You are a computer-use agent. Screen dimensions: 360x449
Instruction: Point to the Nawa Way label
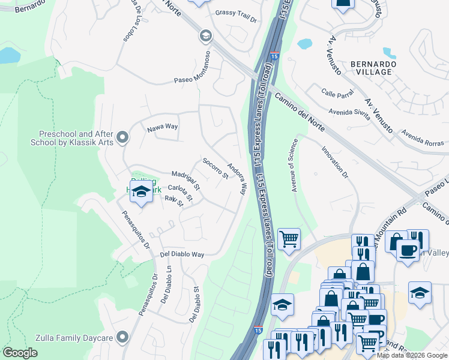coord(163,127)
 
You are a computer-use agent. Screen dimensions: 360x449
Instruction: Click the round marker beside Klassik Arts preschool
coord(123,139)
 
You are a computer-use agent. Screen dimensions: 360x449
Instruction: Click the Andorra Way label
coord(238,178)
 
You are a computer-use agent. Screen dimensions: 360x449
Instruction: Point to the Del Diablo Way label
coord(182,254)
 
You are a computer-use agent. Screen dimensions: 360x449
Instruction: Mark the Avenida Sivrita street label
coord(348,111)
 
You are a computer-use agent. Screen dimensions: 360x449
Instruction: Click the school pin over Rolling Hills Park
coord(141,192)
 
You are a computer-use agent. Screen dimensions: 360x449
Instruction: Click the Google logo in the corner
coord(20,352)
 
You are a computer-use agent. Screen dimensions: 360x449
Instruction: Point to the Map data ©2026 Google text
coord(412,355)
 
